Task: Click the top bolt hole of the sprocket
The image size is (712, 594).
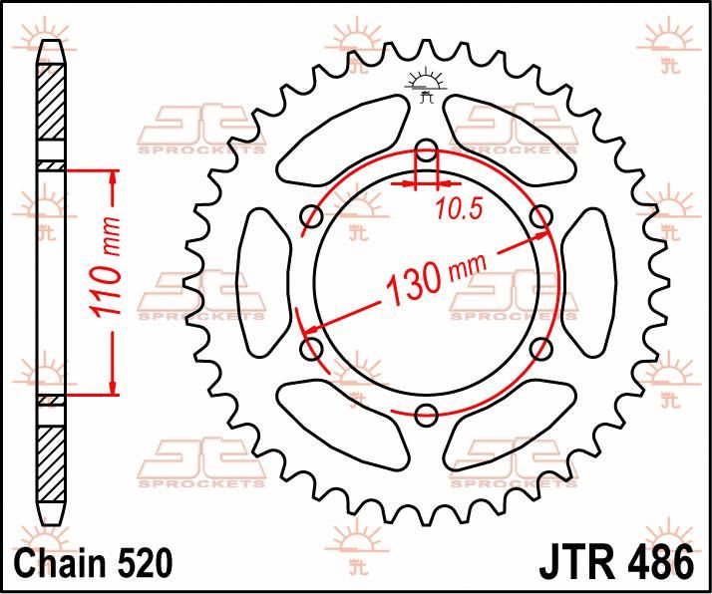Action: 426,152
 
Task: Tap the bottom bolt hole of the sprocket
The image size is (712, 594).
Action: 426,415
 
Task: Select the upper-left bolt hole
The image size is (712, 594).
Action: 311,216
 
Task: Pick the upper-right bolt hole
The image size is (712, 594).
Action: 541,216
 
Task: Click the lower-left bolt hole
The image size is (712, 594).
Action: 311,349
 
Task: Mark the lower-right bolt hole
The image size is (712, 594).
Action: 541,349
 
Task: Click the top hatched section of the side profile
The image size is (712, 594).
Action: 50,105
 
